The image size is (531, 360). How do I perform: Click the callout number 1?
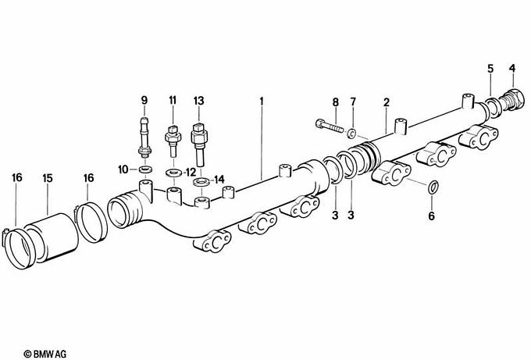(262, 102)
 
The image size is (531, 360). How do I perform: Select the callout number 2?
(386, 102)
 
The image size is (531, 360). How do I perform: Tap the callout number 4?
(512, 70)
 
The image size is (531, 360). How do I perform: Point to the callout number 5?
(490, 70)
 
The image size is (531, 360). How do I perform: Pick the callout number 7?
(353, 102)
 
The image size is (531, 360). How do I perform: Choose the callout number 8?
(335, 102)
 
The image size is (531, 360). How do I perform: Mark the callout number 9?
(144, 101)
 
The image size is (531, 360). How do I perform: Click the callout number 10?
(123, 169)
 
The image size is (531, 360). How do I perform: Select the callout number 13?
(198, 101)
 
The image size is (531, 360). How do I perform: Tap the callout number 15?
(48, 179)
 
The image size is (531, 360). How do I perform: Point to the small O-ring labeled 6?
(434, 187)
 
